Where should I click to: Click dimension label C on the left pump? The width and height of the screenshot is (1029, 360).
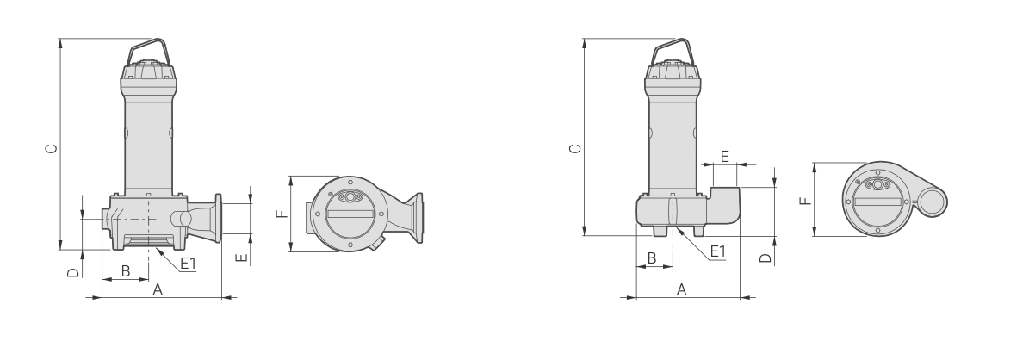[x=51, y=148]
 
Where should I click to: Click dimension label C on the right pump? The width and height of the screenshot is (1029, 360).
[x=575, y=148]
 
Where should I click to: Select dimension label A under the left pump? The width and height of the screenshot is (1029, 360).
[x=158, y=289]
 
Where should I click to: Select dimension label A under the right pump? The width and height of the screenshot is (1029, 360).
[x=682, y=289]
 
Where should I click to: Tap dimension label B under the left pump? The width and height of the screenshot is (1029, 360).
[x=126, y=270]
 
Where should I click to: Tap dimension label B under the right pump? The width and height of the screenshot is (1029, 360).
[x=652, y=258]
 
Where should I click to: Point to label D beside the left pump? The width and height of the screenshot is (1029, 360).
[x=73, y=272]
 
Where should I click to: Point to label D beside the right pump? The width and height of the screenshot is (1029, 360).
[x=766, y=258]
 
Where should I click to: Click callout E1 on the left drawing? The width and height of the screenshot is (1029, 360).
[x=188, y=264]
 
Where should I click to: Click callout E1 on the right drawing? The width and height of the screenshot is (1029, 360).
[x=718, y=251]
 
